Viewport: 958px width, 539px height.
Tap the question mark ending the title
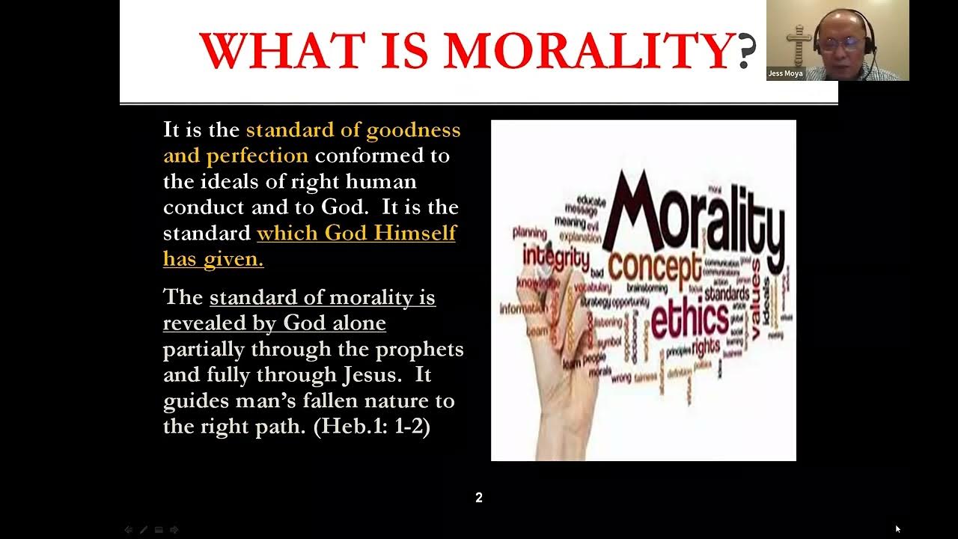tap(746, 52)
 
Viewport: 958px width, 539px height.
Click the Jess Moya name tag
tap(785, 73)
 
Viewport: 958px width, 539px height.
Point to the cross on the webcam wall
tap(799, 42)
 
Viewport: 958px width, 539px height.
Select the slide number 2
tap(479, 498)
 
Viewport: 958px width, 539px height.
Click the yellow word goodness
tap(413, 130)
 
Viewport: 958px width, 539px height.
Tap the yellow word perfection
tap(257, 156)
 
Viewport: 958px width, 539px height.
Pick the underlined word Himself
tap(415, 233)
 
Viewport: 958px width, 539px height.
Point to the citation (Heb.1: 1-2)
tap(371, 426)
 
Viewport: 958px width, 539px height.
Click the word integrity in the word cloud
tap(555, 256)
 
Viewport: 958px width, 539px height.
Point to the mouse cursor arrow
tap(897, 529)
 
